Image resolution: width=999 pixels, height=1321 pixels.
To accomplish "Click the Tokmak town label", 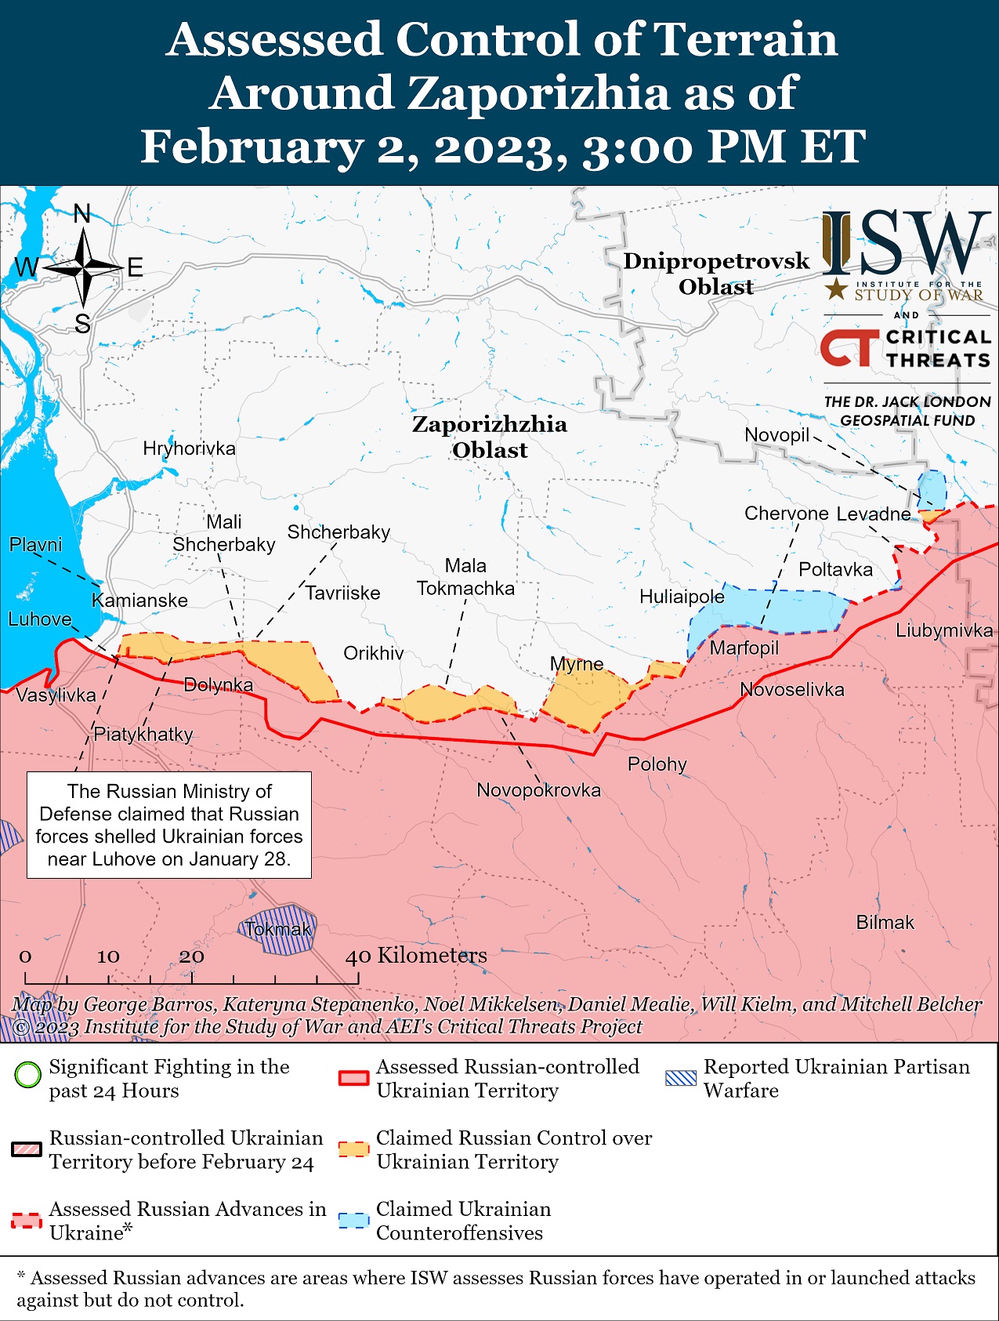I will coord(277,930).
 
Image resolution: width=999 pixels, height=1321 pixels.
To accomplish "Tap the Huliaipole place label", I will coord(682,597).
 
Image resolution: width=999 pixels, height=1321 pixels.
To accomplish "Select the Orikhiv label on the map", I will coord(374,653).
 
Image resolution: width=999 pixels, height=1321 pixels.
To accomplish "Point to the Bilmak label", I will coord(885,923).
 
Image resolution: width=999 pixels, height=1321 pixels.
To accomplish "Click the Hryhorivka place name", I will coord(189,448).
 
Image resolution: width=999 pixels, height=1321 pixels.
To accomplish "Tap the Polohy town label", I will coord(657,764).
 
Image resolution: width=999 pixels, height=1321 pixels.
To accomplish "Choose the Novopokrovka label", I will coord(538,790).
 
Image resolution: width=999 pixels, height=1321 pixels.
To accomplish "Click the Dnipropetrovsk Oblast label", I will coord(716,274).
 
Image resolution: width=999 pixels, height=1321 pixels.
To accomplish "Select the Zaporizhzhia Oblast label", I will coord(490,437).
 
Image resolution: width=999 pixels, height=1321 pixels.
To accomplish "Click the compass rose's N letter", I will coord(82,213).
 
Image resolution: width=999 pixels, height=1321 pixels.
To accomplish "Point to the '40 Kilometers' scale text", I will coord(417,956).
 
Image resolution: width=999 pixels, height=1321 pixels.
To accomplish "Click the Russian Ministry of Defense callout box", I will coord(169,825).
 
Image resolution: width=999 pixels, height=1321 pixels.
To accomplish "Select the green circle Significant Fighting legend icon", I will coord(27,1074).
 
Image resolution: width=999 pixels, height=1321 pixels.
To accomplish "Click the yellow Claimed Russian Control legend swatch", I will coord(353,1149).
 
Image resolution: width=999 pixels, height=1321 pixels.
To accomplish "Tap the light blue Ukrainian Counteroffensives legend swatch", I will coord(353,1221).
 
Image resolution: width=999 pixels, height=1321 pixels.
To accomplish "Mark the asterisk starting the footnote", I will coord(22,1276).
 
